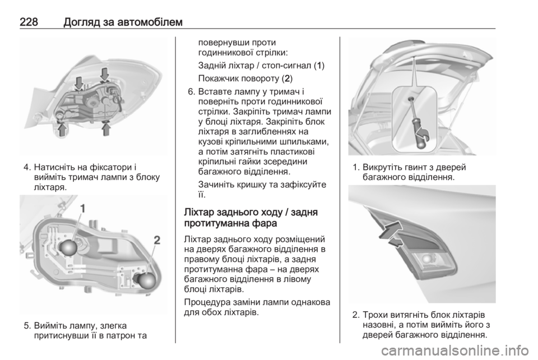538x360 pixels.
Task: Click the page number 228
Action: pos(29,22)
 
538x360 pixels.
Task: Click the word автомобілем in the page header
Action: pos(150,22)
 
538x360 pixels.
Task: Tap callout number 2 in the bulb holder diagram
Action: pos(156,240)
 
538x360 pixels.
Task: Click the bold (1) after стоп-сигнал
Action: pos(319,66)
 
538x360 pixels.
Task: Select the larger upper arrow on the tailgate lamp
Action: pos(390,229)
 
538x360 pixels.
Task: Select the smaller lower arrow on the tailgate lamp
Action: pos(395,243)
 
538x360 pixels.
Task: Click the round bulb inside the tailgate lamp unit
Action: pos(426,259)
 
